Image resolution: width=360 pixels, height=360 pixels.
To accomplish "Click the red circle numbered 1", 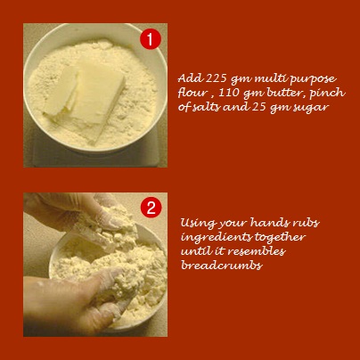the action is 151,39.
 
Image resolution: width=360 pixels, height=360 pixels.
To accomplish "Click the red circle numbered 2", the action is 151,209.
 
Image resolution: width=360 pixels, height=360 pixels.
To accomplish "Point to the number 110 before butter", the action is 229,93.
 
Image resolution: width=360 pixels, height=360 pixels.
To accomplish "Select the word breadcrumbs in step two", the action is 222,265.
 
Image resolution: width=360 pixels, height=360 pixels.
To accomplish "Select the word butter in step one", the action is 286,93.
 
